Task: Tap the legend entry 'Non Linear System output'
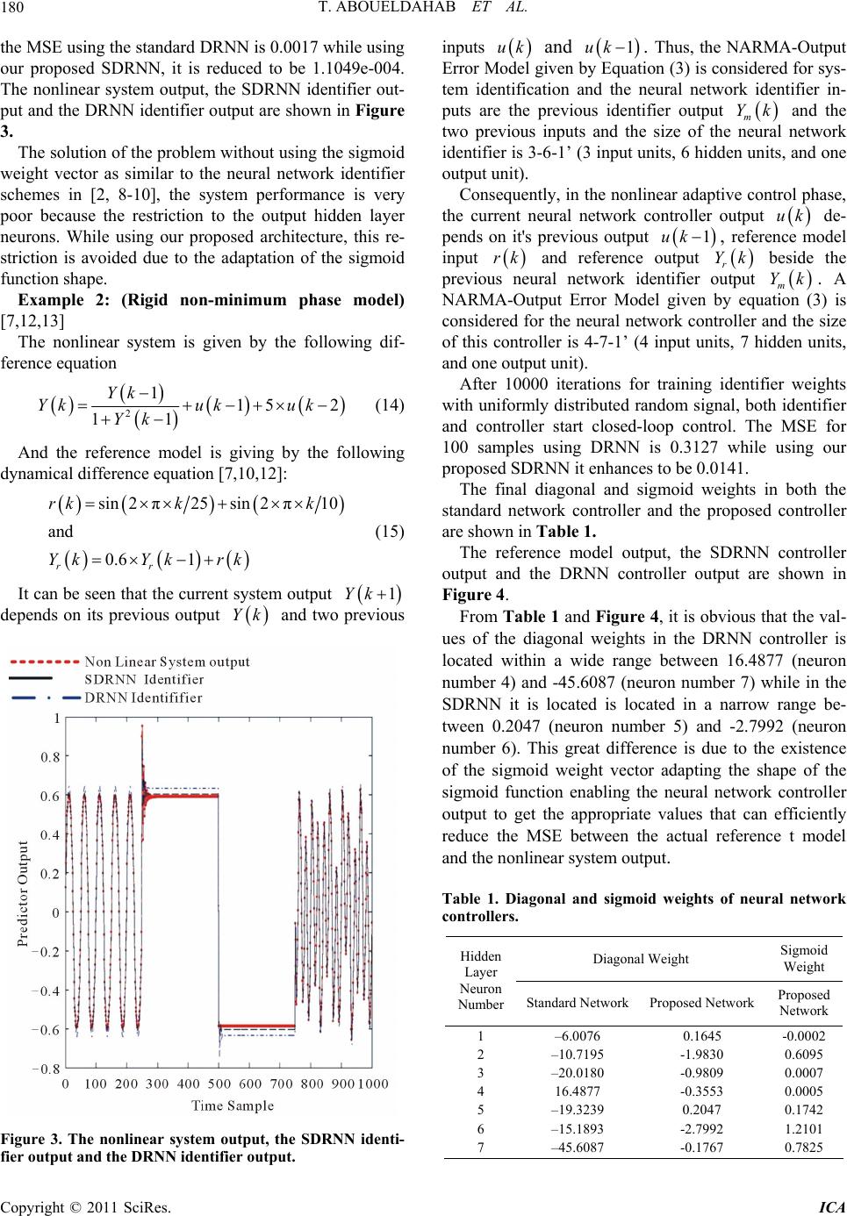point(167,661)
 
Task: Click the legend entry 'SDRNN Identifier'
point(144,679)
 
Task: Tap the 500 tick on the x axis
point(219,1084)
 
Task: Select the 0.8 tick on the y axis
point(49,757)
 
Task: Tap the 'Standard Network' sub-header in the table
point(578,1002)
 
